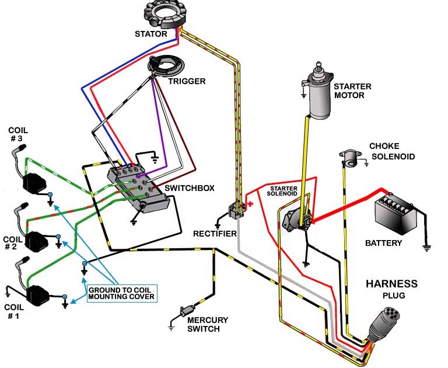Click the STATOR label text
click(x=150, y=34)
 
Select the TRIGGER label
click(x=187, y=81)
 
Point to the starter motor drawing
click(x=318, y=93)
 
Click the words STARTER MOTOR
click(x=352, y=91)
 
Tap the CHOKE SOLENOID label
click(x=392, y=151)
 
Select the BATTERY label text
click(x=383, y=243)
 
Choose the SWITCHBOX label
click(x=190, y=189)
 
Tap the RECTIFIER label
click(x=215, y=234)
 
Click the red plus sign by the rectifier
click(x=251, y=204)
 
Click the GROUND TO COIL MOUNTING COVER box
click(x=121, y=293)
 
